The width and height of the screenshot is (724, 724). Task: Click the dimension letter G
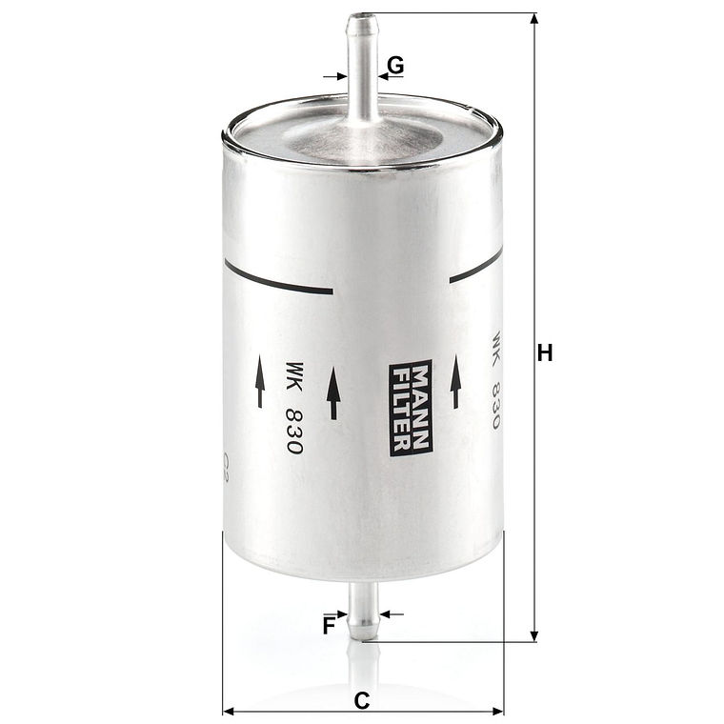click(395, 66)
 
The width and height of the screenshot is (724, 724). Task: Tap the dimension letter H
click(545, 353)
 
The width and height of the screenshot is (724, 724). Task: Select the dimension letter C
click(362, 700)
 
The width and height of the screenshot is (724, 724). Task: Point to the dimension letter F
click(329, 626)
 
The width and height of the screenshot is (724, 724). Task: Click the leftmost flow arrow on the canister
click(259, 382)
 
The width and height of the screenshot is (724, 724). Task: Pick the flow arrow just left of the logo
click(333, 394)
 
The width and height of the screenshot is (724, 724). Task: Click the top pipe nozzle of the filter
click(362, 67)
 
